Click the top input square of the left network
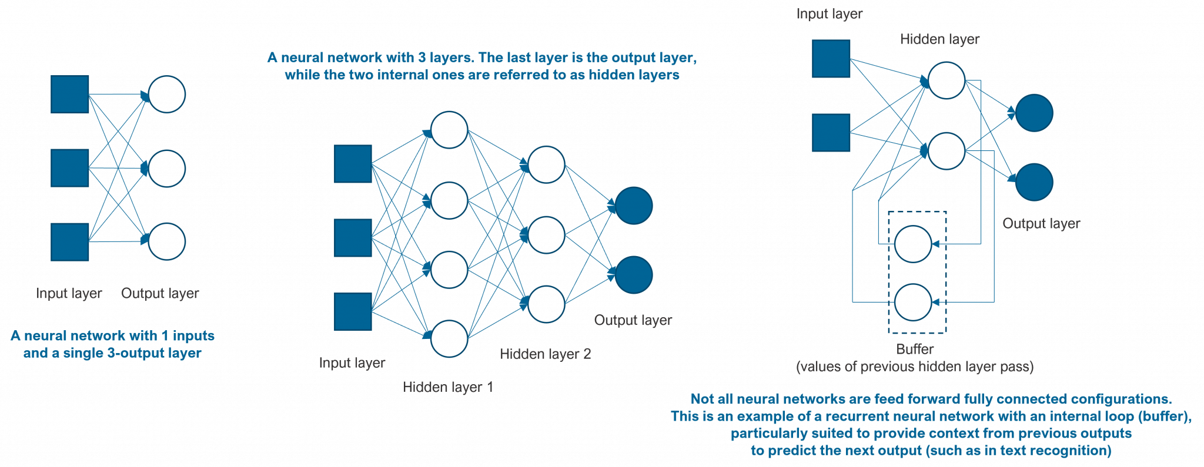pyautogui.click(x=70, y=94)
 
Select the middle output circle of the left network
pyautogui.click(x=167, y=169)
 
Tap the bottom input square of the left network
pyautogui.click(x=70, y=241)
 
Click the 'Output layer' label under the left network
pyautogui.click(x=160, y=293)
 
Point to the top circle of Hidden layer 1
pyautogui.click(x=449, y=130)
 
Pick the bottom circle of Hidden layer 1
pyautogui.click(x=449, y=339)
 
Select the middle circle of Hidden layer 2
pyautogui.click(x=546, y=235)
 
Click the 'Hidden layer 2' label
pyautogui.click(x=546, y=354)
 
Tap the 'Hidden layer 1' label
pyautogui.click(x=448, y=387)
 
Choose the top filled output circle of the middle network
pyautogui.click(x=634, y=206)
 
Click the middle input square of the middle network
pyautogui.click(x=353, y=238)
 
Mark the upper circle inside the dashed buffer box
pyautogui.click(x=913, y=244)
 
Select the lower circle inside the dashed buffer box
pyautogui.click(x=913, y=302)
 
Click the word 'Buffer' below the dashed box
pyautogui.click(x=915, y=350)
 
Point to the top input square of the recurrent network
pyautogui.click(x=831, y=59)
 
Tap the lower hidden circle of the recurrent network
pyautogui.click(x=947, y=151)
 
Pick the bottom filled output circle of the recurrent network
pyautogui.click(x=1034, y=182)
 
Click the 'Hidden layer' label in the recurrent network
pyautogui.click(x=939, y=39)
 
